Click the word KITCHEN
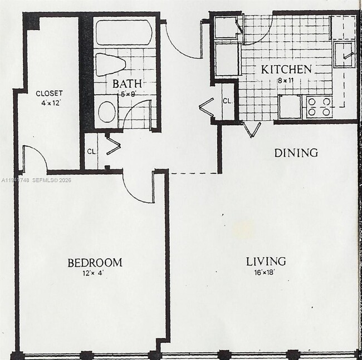[286, 70]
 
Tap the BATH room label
[123, 83]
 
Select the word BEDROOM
[95, 263]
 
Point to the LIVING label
[266, 261]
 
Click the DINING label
[296, 152]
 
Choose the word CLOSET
[49, 93]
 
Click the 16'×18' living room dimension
[266, 273]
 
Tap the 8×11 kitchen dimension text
[286, 80]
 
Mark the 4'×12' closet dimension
[49, 103]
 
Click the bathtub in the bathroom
[124, 32]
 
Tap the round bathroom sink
[107, 111]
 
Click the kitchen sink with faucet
[346, 53]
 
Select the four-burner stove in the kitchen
[319, 107]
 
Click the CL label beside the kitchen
[227, 101]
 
